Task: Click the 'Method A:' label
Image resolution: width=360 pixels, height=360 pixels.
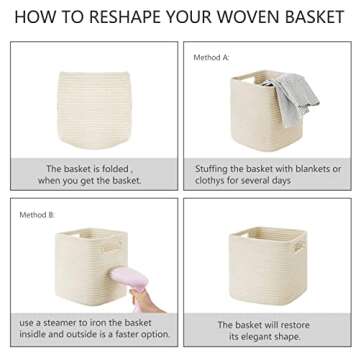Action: tap(210, 58)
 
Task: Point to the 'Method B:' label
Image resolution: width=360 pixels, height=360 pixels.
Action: tap(37, 215)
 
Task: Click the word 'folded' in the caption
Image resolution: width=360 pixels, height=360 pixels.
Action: tap(128, 169)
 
